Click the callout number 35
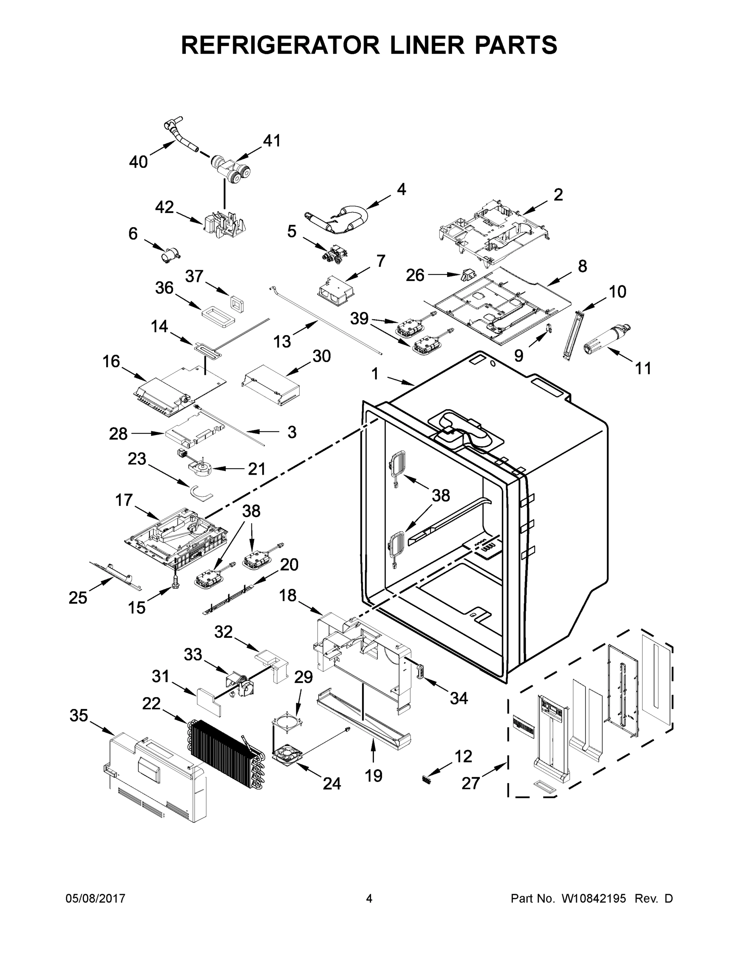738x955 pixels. [79, 716]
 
